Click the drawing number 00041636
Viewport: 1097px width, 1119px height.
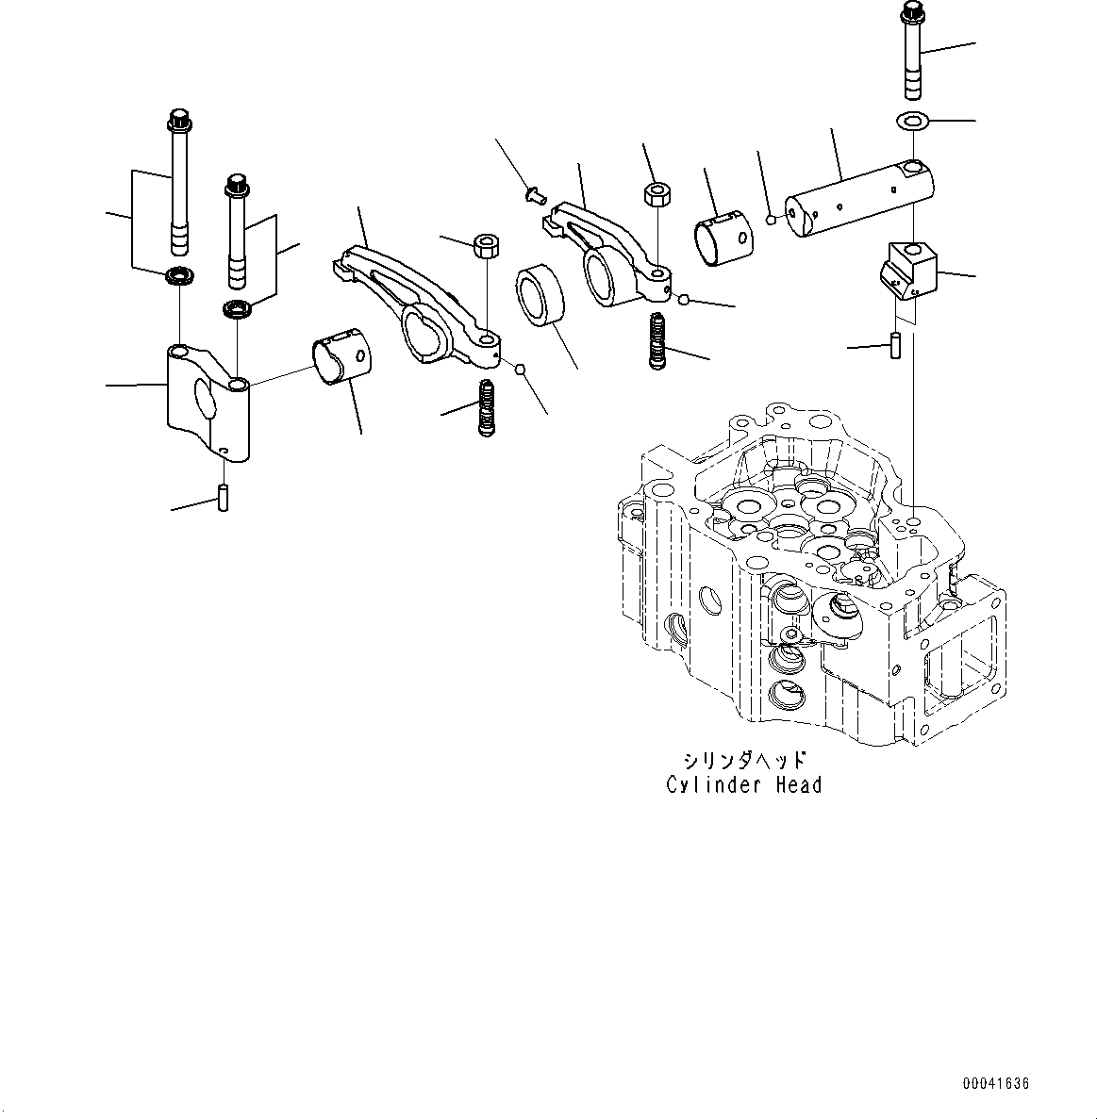tap(995, 1084)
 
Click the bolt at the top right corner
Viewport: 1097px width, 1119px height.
tap(913, 52)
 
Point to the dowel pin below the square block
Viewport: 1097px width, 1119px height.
tap(897, 343)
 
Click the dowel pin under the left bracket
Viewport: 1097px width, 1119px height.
tap(224, 497)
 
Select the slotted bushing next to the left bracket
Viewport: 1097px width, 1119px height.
tap(342, 358)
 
